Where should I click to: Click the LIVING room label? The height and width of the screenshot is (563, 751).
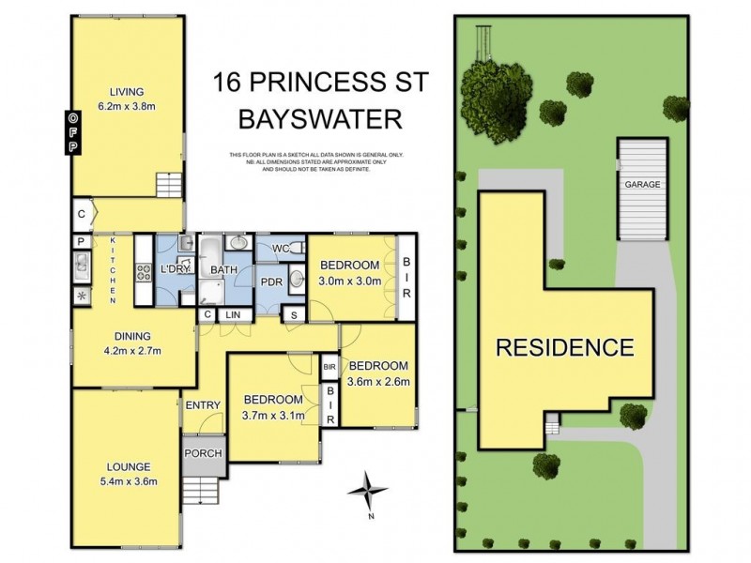click(126, 92)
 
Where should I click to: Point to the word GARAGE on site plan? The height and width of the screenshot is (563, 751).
click(643, 185)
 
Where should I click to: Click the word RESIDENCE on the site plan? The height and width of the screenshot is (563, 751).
click(564, 348)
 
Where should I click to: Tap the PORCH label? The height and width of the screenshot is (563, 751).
click(203, 453)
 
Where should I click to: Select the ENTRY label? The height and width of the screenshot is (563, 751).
click(203, 405)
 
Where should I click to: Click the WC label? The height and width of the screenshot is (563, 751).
click(281, 249)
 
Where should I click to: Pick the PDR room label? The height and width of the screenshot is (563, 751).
click(273, 281)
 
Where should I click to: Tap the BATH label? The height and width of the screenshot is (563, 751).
click(223, 270)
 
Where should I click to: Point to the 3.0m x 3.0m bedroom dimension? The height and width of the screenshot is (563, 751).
click(348, 281)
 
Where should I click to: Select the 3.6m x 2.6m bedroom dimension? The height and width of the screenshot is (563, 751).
click(379, 381)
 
